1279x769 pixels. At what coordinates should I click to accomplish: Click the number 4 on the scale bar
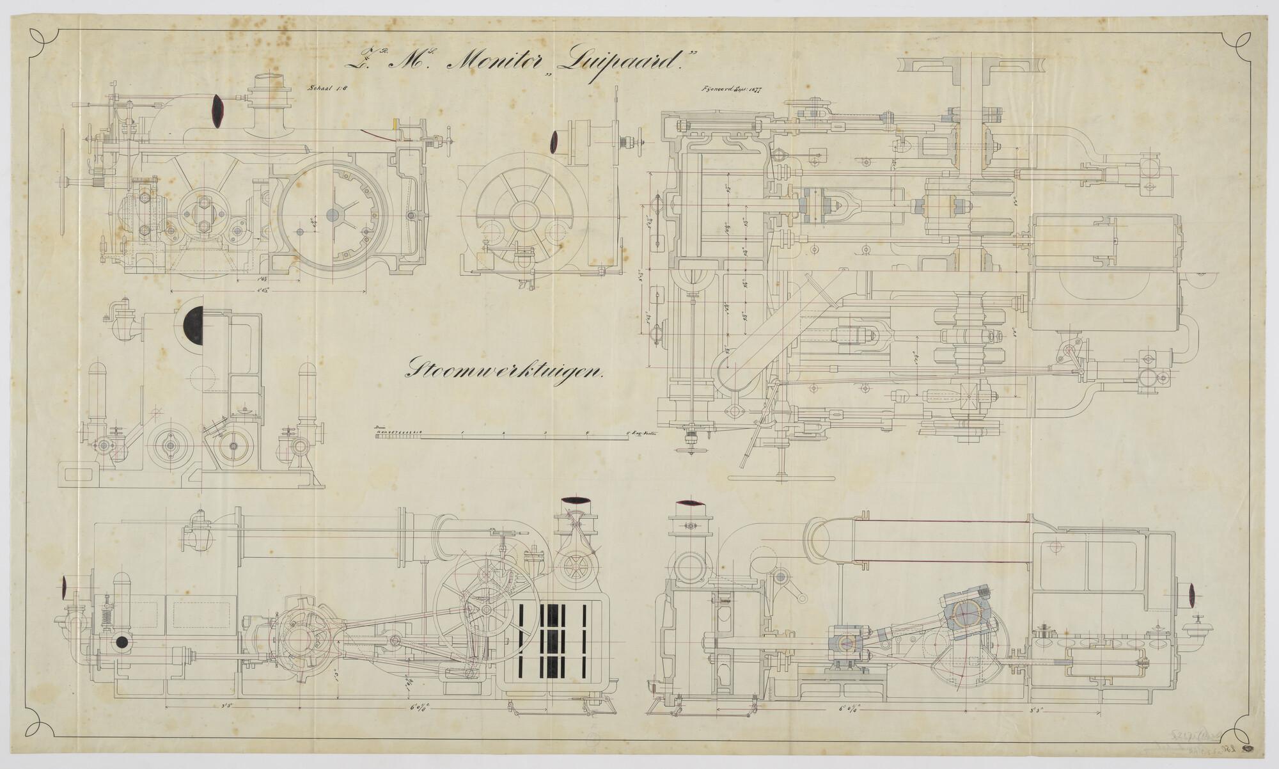tap(586, 434)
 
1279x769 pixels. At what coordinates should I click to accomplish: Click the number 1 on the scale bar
tap(462, 434)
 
